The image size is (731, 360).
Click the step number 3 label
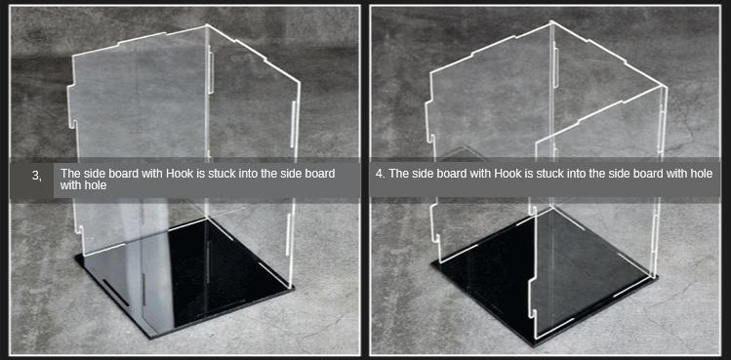click(36, 176)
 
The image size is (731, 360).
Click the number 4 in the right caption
click(379, 174)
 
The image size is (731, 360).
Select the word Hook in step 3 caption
click(178, 174)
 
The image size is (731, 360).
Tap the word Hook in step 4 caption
click(507, 174)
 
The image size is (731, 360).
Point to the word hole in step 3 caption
click(98, 185)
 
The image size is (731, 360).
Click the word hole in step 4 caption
click(703, 174)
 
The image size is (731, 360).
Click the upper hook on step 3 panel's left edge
click(72, 123)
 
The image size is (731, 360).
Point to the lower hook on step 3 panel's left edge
click(78, 229)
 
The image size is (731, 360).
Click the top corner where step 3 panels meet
click(206, 25)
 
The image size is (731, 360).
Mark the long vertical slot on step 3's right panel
click(293, 124)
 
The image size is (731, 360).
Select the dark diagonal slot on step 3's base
click(115, 293)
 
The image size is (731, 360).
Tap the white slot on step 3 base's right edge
click(273, 274)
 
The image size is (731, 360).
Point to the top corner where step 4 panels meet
click(552, 21)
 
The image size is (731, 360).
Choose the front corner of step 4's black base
click(534, 345)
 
